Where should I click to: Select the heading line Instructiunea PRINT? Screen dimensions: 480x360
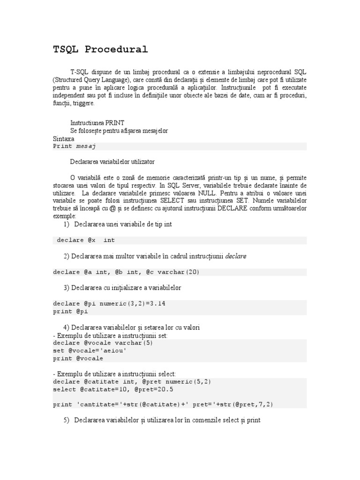[x=97, y=123]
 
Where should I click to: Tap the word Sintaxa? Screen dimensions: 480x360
[x=64, y=139]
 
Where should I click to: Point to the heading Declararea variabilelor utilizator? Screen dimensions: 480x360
[x=112, y=162]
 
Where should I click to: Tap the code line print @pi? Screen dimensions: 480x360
[x=70, y=311]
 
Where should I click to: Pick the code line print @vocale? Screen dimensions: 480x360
[x=78, y=359]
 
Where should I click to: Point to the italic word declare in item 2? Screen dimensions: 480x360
[x=236, y=256]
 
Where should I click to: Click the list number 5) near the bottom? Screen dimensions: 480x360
[x=67, y=420]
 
